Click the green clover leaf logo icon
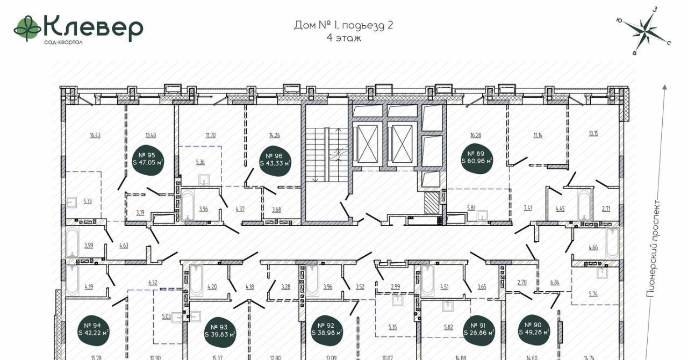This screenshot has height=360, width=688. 27,28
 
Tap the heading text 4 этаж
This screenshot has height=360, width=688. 343,38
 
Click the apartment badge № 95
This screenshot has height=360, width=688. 148,159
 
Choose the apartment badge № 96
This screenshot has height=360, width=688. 275,160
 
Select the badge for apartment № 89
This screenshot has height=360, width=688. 476,157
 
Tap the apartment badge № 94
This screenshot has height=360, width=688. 93,329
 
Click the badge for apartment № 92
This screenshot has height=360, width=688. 326,329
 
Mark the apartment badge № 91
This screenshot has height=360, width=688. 478,329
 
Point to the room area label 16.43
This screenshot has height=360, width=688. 95,135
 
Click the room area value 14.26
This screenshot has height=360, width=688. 274,135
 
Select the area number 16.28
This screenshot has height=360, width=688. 476,135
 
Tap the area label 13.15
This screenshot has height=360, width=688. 593,134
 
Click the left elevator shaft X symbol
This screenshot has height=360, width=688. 365,144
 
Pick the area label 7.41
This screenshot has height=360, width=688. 528,208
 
